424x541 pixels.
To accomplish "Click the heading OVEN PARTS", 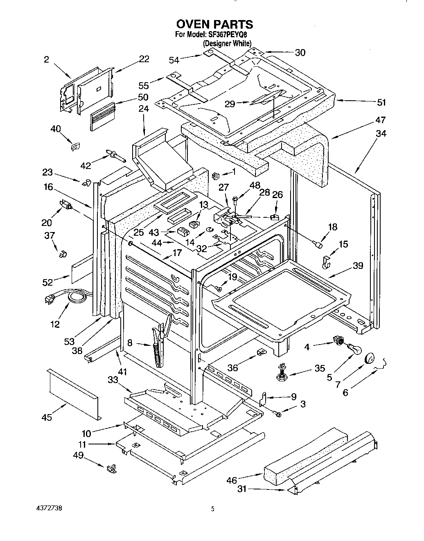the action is (x=214, y=25).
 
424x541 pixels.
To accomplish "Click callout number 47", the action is (x=381, y=120).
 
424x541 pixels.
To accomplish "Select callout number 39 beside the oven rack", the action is (x=358, y=266).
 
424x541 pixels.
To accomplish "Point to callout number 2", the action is (x=46, y=60).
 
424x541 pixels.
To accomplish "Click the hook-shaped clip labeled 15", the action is (x=326, y=263).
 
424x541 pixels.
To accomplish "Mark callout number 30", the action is (x=300, y=52).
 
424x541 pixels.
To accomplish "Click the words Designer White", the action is (x=227, y=43).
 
